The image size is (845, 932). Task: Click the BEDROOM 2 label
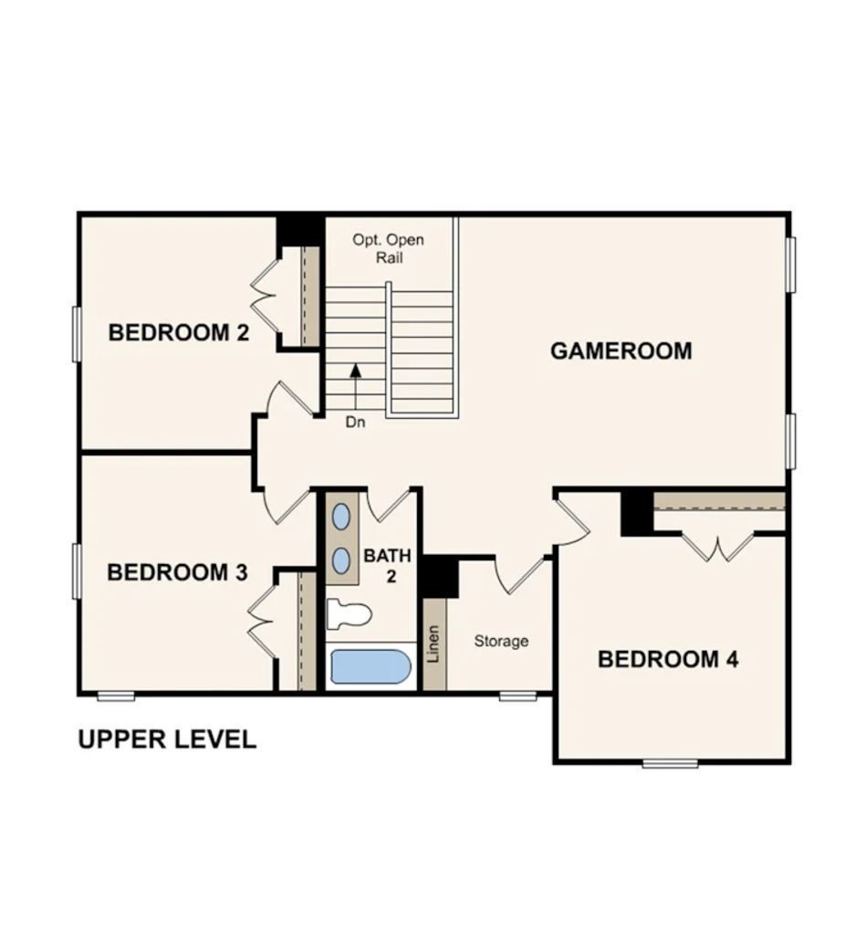click(178, 332)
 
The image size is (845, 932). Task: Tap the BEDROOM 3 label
click(177, 572)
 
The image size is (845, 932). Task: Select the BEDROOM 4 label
click(668, 659)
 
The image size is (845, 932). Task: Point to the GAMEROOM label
click(621, 351)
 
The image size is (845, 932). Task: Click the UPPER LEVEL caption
click(167, 739)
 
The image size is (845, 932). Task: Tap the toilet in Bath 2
click(348, 613)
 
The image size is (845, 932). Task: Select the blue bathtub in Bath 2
click(370, 666)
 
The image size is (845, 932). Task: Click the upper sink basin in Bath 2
click(340, 517)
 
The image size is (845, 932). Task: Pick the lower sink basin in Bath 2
click(340, 560)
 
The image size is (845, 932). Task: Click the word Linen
click(434, 644)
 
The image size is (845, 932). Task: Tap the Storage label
click(501, 642)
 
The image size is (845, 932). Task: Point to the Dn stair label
click(356, 423)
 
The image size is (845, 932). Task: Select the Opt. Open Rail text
click(389, 248)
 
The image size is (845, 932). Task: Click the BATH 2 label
click(388, 565)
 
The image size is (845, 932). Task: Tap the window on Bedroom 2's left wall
click(78, 334)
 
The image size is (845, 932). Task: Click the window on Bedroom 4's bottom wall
click(670, 763)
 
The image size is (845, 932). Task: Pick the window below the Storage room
click(517, 696)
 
